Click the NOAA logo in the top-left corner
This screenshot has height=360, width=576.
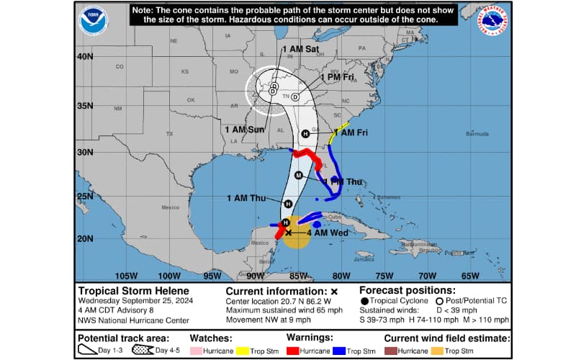[x=94, y=19]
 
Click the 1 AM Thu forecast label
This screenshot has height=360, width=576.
[x=246, y=198]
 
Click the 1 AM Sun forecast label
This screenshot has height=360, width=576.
[x=242, y=130]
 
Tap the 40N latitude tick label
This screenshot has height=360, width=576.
[x=86, y=56]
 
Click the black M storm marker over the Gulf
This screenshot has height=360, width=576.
[x=299, y=176]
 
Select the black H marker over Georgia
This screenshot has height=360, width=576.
[x=305, y=134]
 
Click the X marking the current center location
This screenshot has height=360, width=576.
[x=289, y=233]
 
